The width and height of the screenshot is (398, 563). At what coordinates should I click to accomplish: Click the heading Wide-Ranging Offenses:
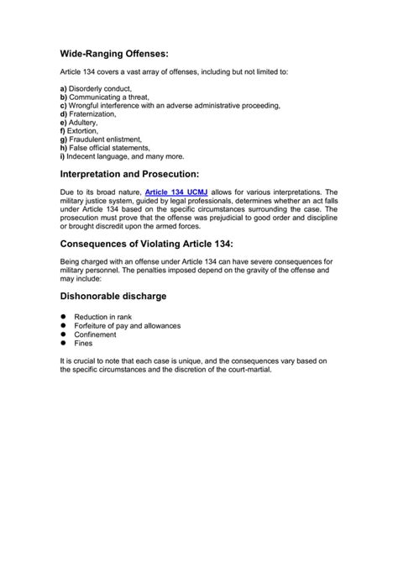[115, 53]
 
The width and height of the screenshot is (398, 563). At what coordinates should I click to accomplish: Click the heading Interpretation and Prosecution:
[129, 174]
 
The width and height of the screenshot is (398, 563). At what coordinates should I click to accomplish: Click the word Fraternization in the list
[94, 116]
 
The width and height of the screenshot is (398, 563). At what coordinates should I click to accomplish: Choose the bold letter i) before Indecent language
[62, 155]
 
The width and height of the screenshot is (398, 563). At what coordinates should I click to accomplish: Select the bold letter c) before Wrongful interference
[63, 108]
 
